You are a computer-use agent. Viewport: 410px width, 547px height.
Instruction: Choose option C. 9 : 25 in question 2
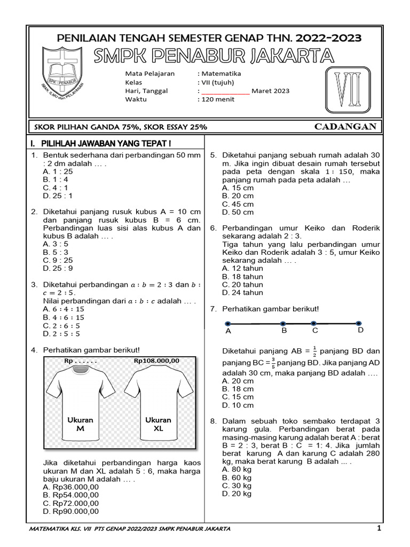(58, 260)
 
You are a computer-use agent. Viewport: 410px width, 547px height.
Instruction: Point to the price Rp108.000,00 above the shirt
(156, 361)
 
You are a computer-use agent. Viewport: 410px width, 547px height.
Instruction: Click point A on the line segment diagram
(228, 324)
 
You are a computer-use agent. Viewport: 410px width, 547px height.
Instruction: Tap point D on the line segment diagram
(359, 323)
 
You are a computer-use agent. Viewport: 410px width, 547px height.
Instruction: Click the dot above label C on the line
(314, 323)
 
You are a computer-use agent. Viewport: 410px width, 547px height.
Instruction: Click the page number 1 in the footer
(379, 528)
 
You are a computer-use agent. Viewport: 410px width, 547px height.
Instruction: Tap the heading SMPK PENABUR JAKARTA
(213, 56)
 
